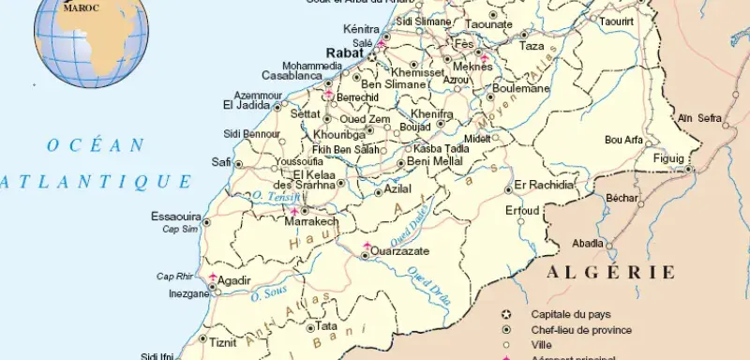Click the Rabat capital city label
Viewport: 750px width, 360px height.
[x=345, y=53]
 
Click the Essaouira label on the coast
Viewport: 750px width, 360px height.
[x=178, y=217]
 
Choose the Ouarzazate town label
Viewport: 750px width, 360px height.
[x=399, y=252]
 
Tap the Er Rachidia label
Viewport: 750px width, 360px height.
[x=543, y=186]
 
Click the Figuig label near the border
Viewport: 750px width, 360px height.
[x=668, y=158]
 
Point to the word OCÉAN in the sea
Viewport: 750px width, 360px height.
[x=97, y=145]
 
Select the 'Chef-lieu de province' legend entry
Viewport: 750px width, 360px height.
[x=581, y=329]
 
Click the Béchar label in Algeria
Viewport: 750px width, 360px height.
[x=622, y=199]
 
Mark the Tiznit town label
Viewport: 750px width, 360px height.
[x=223, y=341]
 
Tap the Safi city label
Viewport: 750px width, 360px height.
[x=221, y=162]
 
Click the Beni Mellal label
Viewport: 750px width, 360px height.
[x=433, y=162]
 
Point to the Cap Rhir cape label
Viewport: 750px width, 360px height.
[x=174, y=276]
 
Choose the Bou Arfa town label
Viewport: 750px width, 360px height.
[x=623, y=140]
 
